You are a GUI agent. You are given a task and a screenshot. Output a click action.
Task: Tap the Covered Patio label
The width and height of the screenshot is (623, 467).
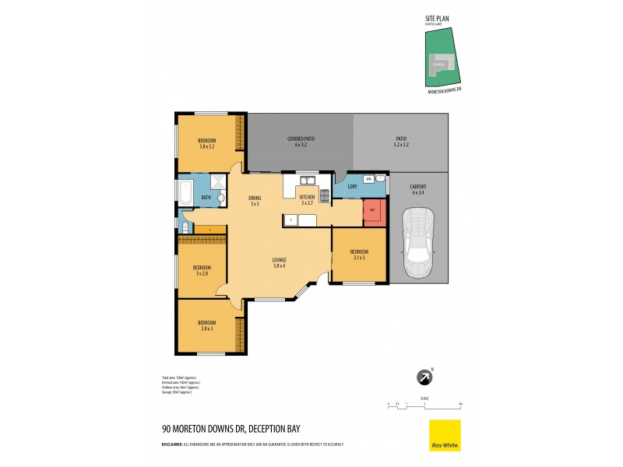pyautogui.click(x=301, y=142)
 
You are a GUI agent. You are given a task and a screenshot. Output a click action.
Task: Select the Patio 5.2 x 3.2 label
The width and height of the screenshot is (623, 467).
pyautogui.click(x=401, y=142)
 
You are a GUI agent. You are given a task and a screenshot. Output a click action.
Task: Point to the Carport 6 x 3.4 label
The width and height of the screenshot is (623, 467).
pyautogui.click(x=418, y=190)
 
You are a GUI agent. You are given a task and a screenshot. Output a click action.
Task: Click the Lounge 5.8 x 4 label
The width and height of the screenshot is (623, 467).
pyautogui.click(x=280, y=262)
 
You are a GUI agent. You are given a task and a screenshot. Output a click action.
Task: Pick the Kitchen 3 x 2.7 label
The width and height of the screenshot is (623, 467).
pyautogui.click(x=308, y=200)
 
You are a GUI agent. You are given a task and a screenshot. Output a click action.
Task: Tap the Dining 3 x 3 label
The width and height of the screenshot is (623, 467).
pyautogui.click(x=255, y=200)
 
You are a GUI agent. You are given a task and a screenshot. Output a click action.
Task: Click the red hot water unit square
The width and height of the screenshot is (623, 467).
pyautogui.click(x=373, y=211)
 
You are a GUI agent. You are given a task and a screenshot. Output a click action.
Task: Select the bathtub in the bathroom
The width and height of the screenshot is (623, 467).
pyautogui.click(x=185, y=192)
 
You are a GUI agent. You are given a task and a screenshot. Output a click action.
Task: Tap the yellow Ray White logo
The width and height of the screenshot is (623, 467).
pyautogui.click(x=445, y=434)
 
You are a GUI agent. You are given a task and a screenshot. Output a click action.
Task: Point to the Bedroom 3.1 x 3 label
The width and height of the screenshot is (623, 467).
pyautogui.click(x=359, y=255)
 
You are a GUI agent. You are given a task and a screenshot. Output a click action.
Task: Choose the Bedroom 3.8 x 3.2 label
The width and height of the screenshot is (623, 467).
pyautogui.click(x=206, y=144)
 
